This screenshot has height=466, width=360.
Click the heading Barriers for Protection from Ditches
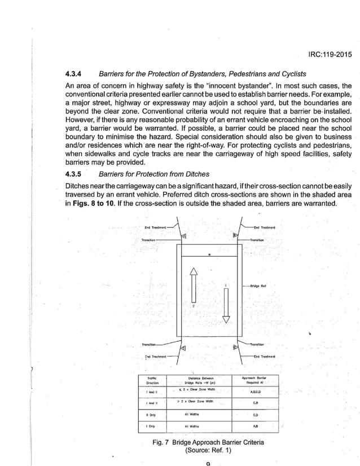tap(153, 174)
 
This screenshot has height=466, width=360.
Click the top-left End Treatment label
tap(155, 227)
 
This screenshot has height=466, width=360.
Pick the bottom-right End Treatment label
tap(264, 357)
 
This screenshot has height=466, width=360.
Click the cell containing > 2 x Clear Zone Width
tap(192, 402)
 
